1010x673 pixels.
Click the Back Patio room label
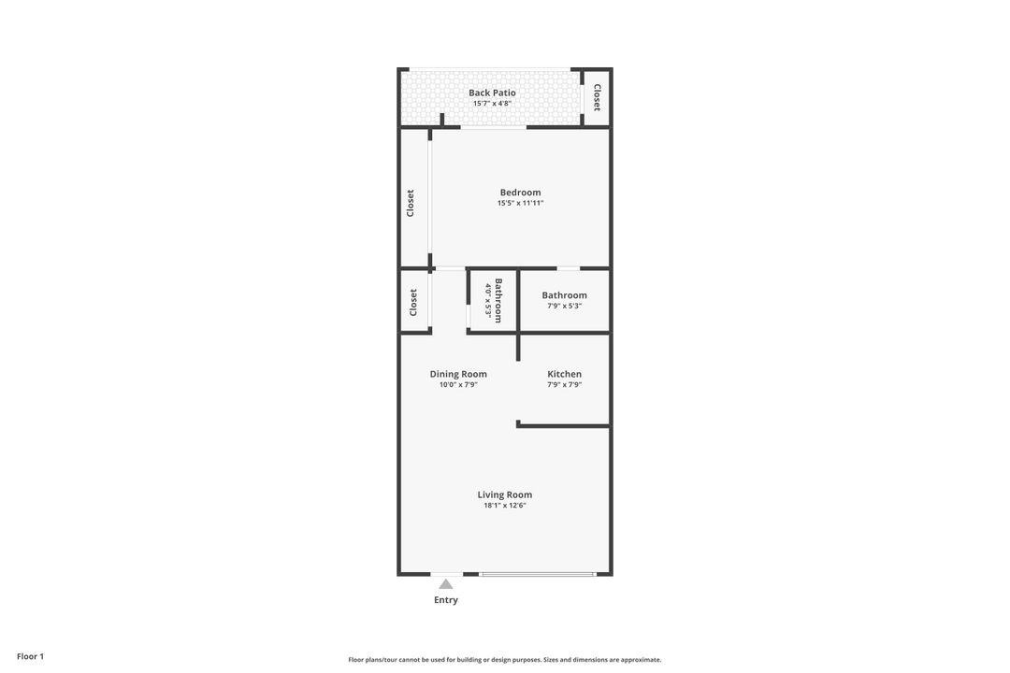pos(492,93)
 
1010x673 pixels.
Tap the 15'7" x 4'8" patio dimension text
pos(492,104)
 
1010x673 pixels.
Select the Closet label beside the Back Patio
pos(597,97)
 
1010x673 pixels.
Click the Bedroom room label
pos(520,193)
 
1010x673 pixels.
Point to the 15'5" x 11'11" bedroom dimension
pos(520,203)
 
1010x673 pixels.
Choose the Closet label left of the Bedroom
pos(410,203)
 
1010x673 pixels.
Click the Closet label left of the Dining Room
pos(412,302)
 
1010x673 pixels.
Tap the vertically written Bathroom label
pos(498,301)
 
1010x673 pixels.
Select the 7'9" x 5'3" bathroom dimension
pos(564,306)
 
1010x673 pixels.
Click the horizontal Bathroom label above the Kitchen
pos(564,295)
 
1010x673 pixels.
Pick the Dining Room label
pos(458,374)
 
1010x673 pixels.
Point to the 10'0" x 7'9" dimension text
pos(458,384)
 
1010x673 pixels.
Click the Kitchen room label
pos(564,374)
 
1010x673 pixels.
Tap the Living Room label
pos(505,494)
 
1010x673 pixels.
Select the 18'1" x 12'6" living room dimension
pos(505,506)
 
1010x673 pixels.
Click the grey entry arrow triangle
pos(446,584)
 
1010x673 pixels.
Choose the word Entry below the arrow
pos(446,600)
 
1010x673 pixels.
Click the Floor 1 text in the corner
pos(30,656)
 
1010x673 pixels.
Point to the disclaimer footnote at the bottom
pos(505,660)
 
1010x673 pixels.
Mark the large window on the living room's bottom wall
pos(537,574)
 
